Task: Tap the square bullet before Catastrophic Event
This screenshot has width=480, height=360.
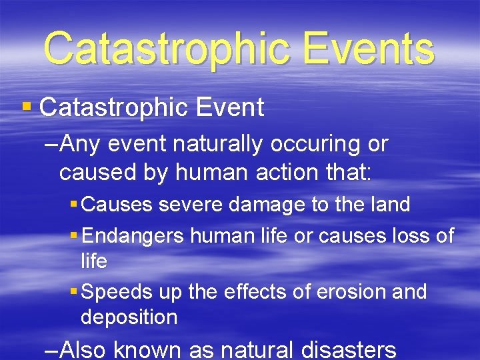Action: [27, 106]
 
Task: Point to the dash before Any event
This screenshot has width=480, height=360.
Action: [51, 144]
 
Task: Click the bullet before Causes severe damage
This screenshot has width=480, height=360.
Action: [73, 205]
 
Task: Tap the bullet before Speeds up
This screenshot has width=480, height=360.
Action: [73, 292]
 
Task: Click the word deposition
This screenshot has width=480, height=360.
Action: [129, 317]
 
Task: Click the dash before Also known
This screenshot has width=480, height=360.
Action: [51, 349]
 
